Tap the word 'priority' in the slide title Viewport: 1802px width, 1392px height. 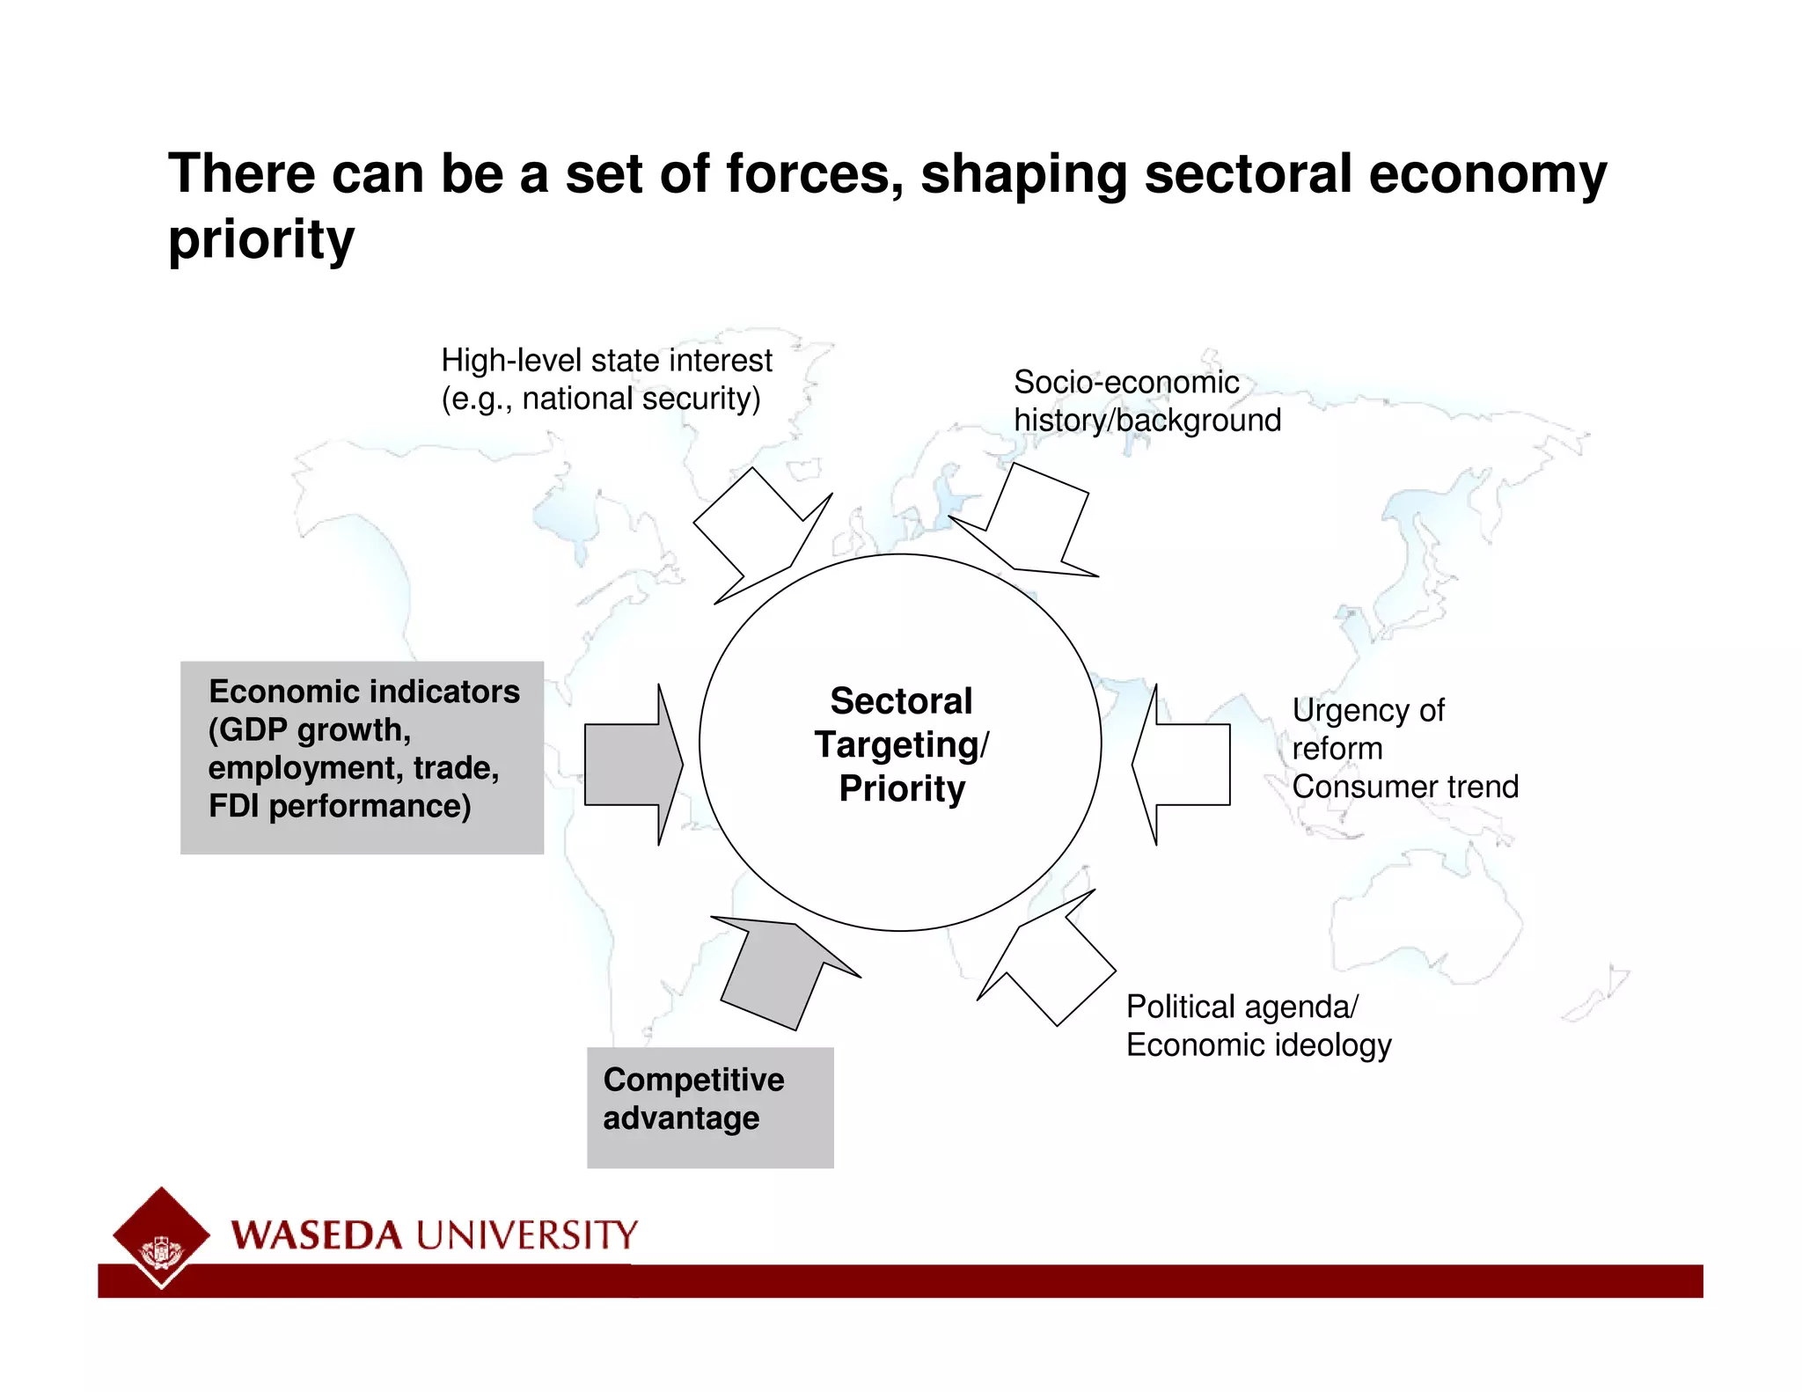click(261, 239)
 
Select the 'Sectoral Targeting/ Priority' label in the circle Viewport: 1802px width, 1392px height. click(901, 744)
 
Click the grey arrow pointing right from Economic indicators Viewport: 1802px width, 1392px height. click(632, 765)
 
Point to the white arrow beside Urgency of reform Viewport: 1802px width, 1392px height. click(1183, 765)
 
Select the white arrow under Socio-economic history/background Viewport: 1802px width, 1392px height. click(1033, 524)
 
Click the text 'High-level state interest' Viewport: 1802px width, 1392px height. click(606, 361)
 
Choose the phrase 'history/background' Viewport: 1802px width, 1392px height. click(1146, 421)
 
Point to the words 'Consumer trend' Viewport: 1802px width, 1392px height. click(1405, 787)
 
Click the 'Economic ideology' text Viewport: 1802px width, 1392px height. click(1258, 1045)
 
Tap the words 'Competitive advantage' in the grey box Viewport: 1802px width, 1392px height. click(692, 1099)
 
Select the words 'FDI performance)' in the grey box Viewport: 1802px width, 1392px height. click(340, 806)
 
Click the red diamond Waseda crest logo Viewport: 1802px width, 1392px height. click(161, 1235)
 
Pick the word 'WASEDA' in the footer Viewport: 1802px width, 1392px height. click(317, 1236)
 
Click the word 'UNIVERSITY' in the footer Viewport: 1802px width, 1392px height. click(526, 1236)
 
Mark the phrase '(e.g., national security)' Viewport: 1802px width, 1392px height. click(600, 399)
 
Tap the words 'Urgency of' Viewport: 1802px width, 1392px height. click(1367, 710)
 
